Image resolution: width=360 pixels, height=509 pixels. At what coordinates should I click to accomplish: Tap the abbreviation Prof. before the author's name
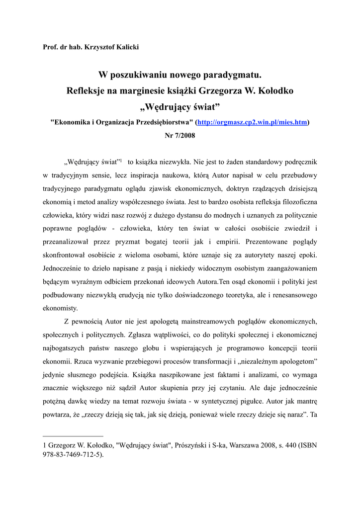tap(52, 47)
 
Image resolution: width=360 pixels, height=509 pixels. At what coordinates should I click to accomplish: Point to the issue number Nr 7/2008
tap(180, 135)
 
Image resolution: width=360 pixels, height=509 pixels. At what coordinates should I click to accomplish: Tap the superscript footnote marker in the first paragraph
tap(121, 161)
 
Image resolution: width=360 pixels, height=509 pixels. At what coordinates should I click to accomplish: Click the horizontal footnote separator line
tap(73, 436)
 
